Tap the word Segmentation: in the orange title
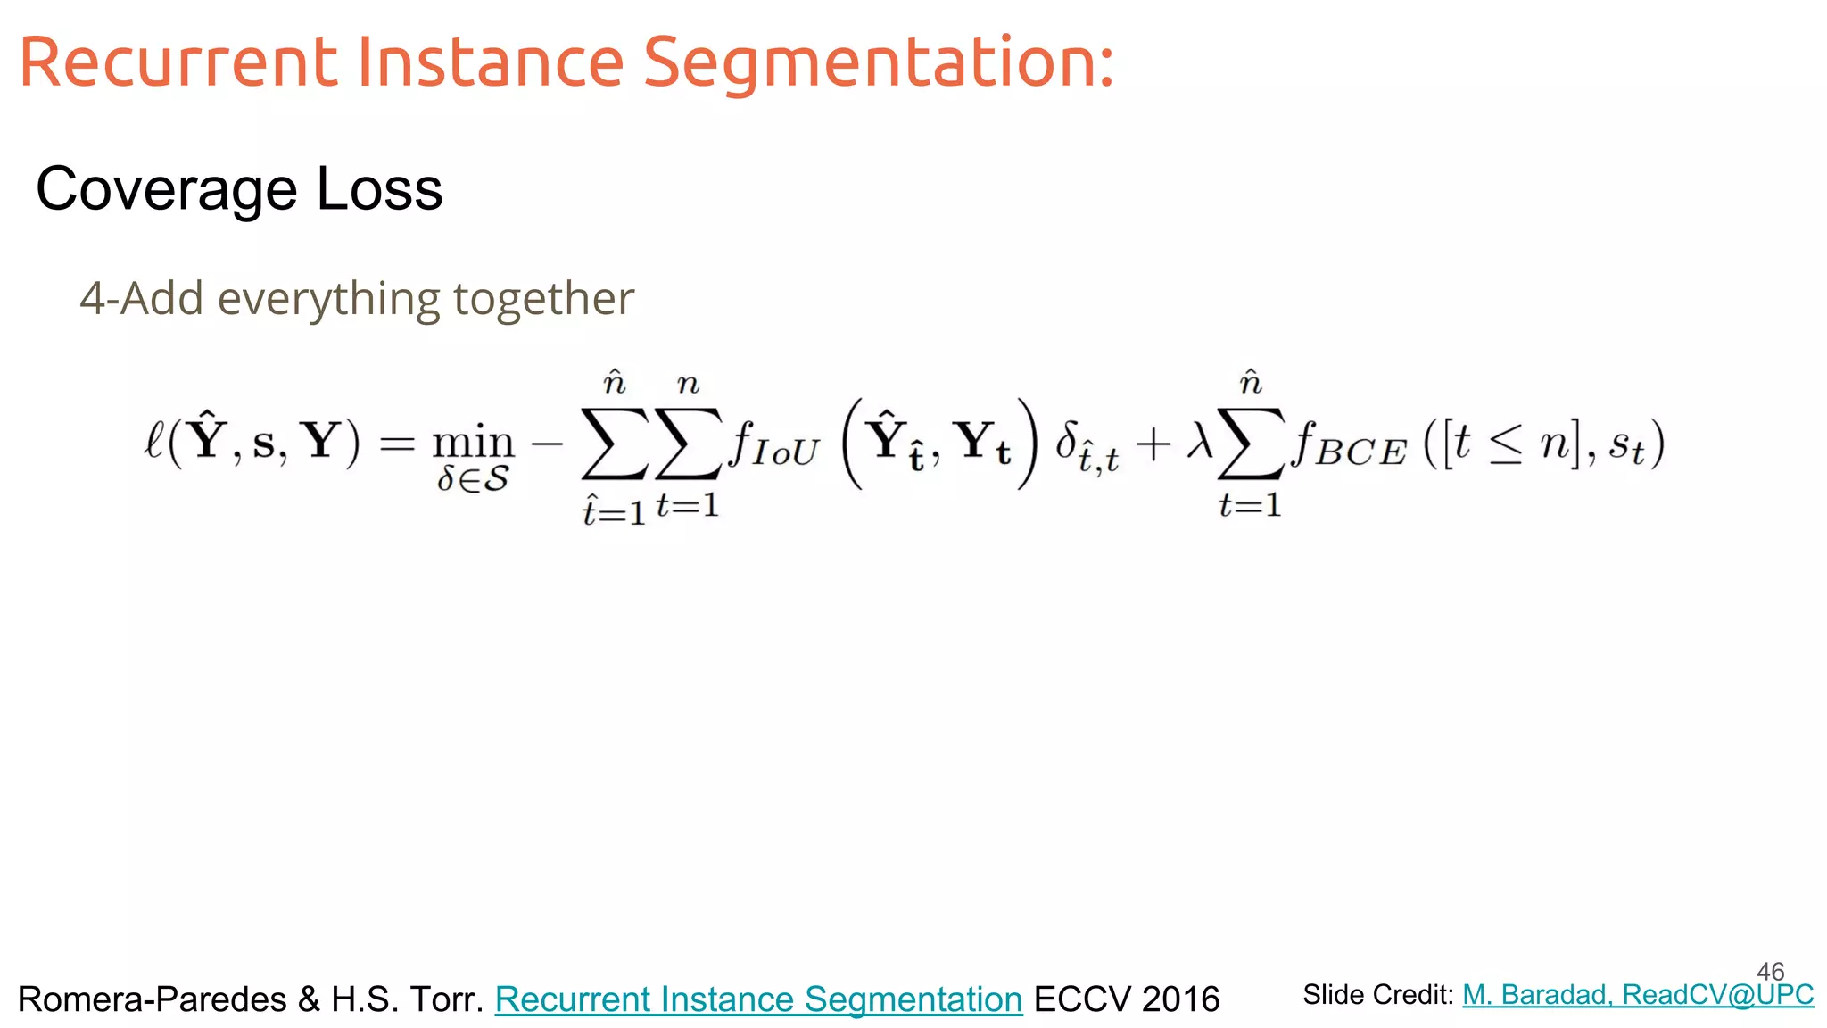(x=879, y=64)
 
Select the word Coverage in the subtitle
(x=166, y=189)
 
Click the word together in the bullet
(x=543, y=300)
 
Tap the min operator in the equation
(x=473, y=443)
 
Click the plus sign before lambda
(x=1153, y=444)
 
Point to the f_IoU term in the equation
(x=773, y=445)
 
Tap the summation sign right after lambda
(x=1251, y=444)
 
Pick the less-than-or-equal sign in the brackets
(x=1506, y=445)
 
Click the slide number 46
(x=1770, y=971)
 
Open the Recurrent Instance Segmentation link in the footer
(x=758, y=999)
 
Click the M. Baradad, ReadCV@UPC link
(x=1638, y=995)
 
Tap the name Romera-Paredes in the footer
(x=153, y=999)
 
